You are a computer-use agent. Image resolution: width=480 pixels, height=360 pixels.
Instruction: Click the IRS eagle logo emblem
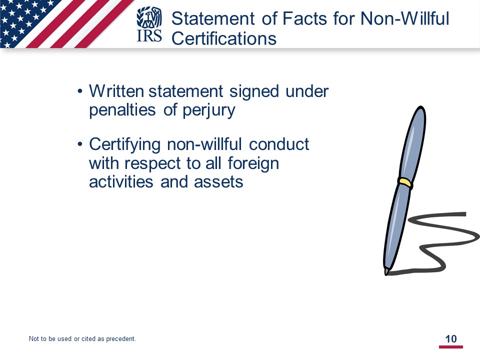pos(149,17)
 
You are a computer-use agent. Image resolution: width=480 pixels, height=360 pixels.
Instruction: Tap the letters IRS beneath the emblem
pos(149,35)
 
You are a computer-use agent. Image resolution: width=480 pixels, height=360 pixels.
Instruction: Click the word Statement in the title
pos(213,18)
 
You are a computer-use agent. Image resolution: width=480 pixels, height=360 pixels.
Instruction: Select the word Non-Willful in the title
pos(404,18)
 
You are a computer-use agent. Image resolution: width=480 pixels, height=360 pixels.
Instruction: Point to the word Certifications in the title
pos(224,38)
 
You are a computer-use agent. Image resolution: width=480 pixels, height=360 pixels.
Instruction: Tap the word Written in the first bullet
pos(116,91)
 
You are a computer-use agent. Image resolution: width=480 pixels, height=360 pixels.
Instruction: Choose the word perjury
pos(209,110)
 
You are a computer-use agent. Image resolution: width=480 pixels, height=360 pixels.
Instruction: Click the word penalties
pos(122,109)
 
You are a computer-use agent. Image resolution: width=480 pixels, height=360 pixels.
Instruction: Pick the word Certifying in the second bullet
pos(124,145)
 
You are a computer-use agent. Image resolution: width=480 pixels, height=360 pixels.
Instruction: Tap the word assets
pos(218,182)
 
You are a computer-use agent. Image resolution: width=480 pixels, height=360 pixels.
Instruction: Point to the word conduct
pos(279,144)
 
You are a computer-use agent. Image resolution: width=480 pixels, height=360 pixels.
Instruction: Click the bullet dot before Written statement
pos(80,91)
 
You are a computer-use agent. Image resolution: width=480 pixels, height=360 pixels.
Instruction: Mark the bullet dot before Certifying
pos(80,144)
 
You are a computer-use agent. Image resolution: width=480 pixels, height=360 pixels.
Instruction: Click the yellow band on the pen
pos(405,183)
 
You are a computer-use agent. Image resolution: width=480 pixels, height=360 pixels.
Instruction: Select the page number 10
pos(451,339)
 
